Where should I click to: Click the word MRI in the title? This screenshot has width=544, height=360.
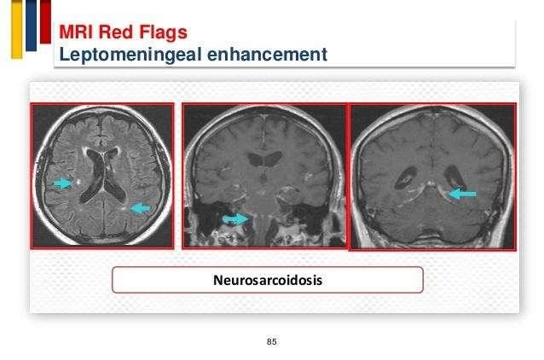tap(77, 32)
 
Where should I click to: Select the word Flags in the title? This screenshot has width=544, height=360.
tap(163, 33)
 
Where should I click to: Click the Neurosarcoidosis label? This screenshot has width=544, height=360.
tap(268, 280)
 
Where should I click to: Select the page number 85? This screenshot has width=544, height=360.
tap(272, 341)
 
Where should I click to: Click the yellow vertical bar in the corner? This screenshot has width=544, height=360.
tap(17, 29)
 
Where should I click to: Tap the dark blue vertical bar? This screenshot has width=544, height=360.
tap(31, 26)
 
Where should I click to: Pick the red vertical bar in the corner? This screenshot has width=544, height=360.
tap(45, 21)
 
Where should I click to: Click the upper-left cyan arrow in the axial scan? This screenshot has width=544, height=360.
tap(63, 183)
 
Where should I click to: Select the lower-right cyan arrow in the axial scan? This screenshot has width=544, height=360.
tap(140, 208)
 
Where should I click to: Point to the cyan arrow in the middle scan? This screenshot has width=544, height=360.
tap(235, 218)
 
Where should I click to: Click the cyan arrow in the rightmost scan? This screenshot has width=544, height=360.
tap(462, 194)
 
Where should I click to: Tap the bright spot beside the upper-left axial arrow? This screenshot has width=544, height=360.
tap(79, 181)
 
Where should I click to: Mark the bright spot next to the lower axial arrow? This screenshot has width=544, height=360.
tap(124, 209)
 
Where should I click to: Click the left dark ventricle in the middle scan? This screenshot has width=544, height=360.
tap(256, 159)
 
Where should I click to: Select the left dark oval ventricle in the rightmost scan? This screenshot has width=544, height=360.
tap(406, 177)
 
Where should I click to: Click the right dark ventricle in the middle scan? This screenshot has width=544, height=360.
tap(273, 158)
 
